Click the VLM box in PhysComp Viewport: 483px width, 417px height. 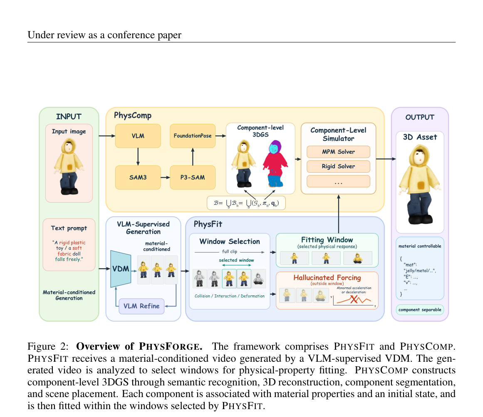click(x=138, y=136)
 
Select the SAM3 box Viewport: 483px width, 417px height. click(x=138, y=177)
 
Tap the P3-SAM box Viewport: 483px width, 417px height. click(x=193, y=177)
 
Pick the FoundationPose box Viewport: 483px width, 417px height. click(x=193, y=136)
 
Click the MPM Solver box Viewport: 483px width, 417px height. click(x=338, y=152)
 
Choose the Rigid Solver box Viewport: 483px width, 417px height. click(x=338, y=167)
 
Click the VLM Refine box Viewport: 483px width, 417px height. click(x=141, y=306)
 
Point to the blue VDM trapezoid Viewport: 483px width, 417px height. click(x=121, y=269)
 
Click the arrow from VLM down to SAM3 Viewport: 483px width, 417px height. click(x=138, y=157)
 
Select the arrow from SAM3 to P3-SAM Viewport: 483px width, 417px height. click(x=166, y=177)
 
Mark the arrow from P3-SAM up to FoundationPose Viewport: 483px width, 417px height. click(x=193, y=157)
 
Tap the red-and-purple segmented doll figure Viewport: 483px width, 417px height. click(x=275, y=164)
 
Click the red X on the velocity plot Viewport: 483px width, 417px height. click(x=354, y=299)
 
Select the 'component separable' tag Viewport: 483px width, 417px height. click(x=420, y=310)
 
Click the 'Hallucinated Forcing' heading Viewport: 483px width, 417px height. click(x=327, y=278)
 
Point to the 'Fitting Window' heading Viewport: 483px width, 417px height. click(x=327, y=240)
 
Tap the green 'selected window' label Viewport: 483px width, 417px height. click(x=236, y=260)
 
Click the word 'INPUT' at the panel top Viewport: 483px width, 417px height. click(x=69, y=117)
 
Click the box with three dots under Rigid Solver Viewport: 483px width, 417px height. click(x=338, y=182)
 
